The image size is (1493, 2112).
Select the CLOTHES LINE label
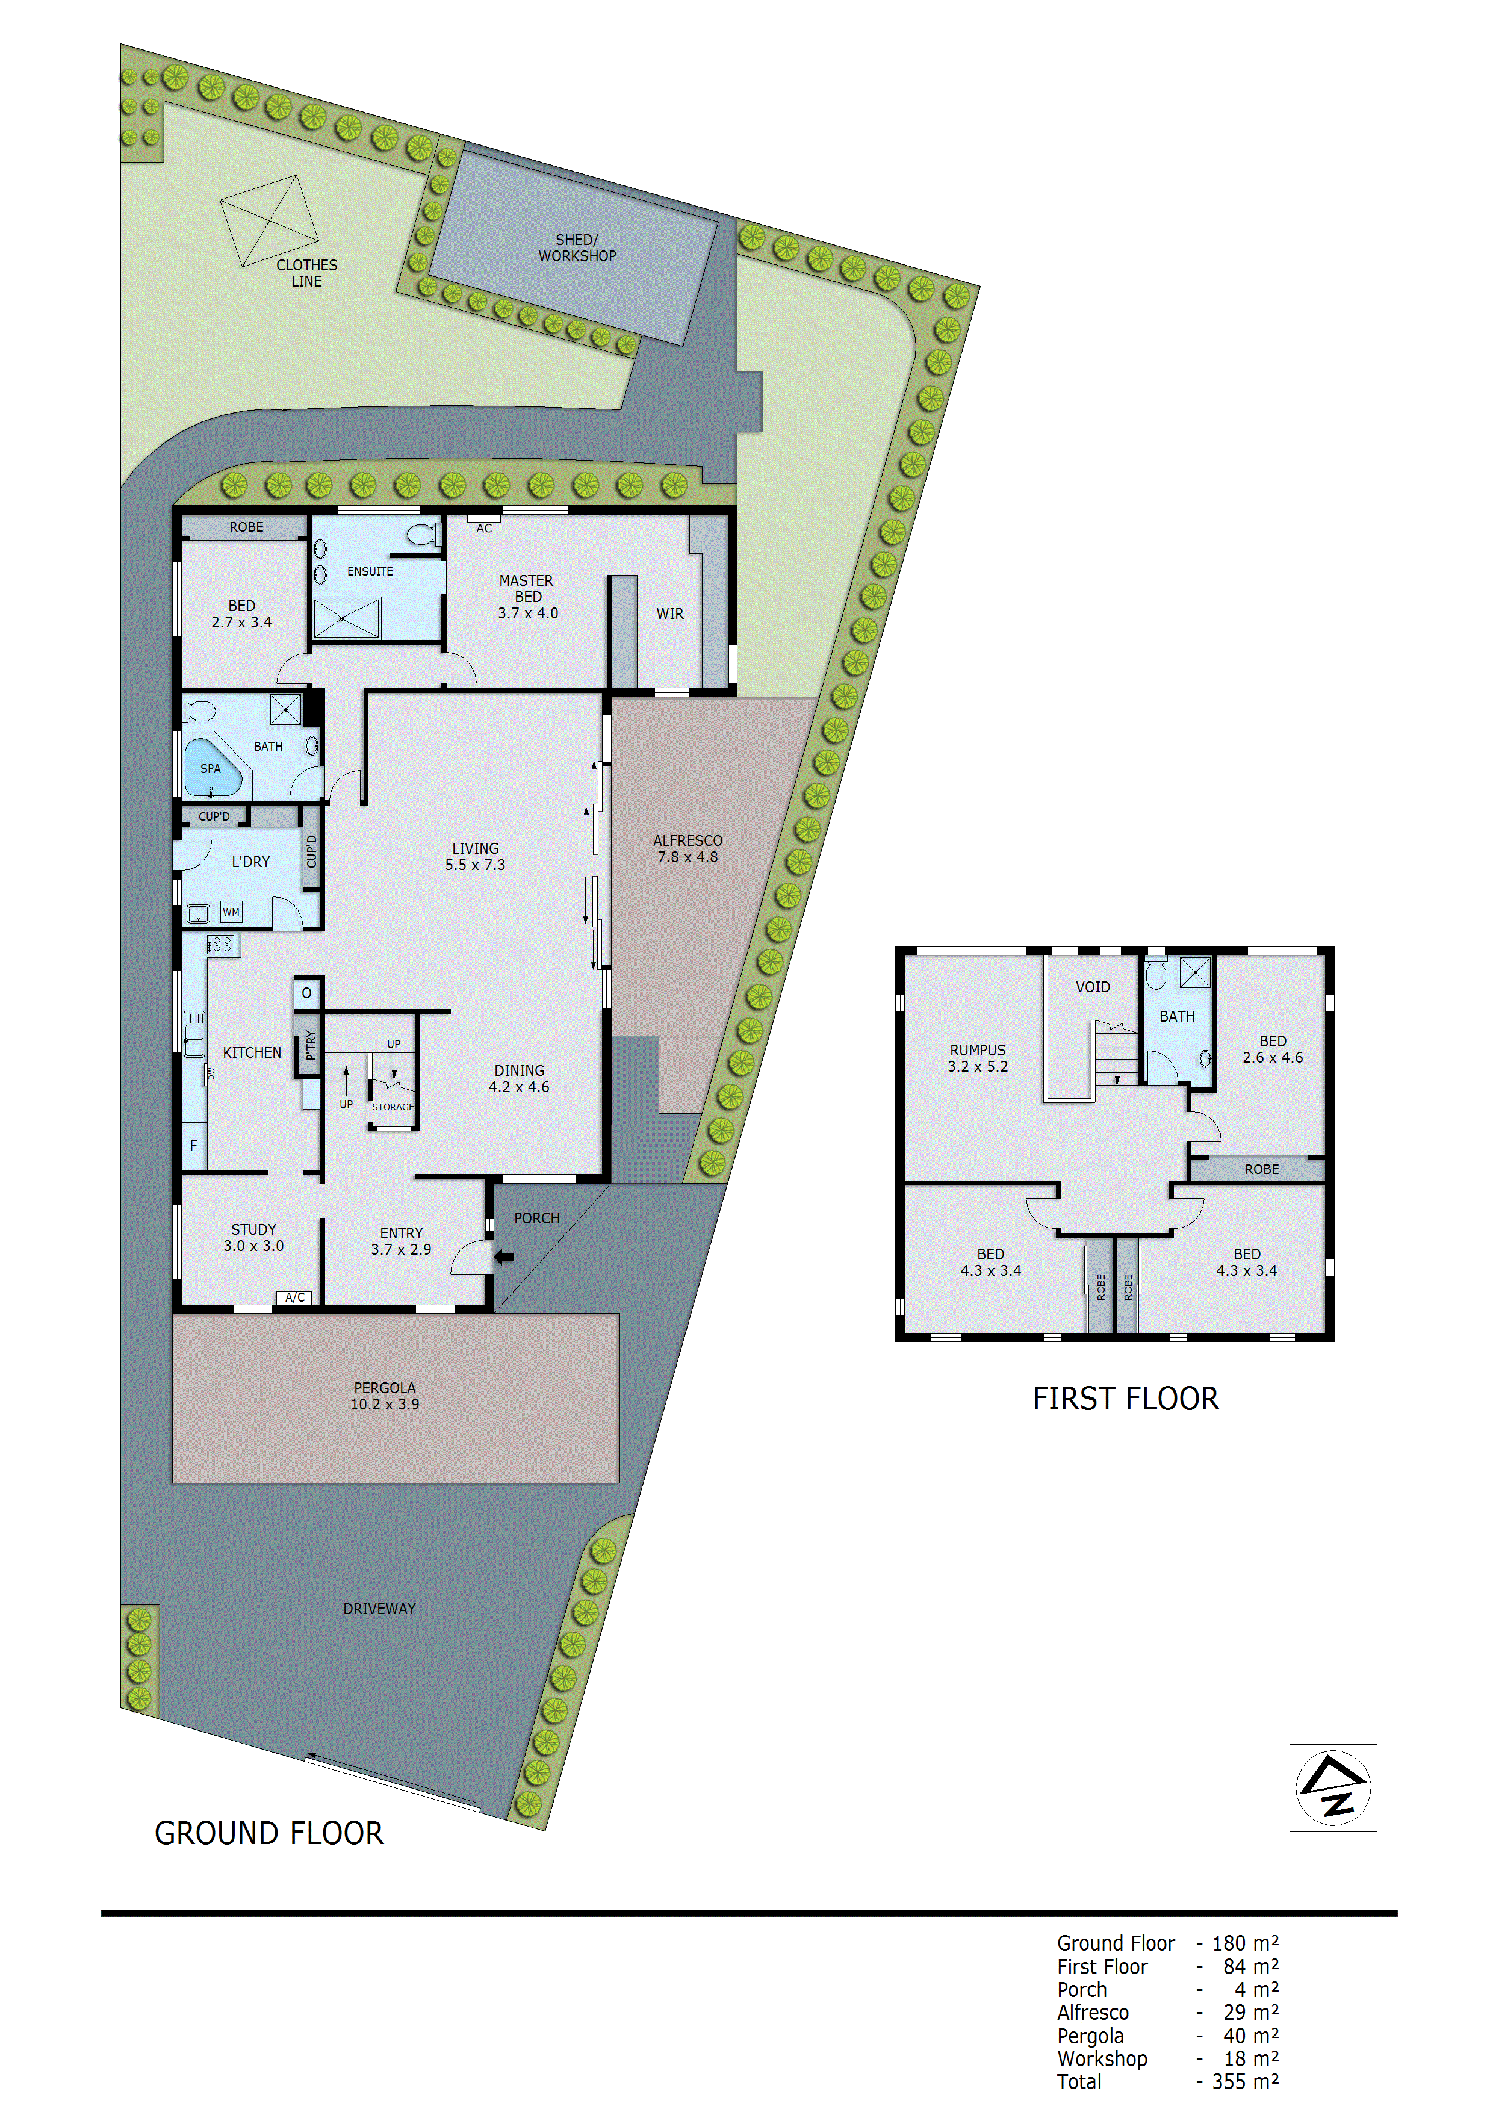(x=306, y=272)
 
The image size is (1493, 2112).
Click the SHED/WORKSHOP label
(x=577, y=247)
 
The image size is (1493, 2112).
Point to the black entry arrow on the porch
(x=504, y=1256)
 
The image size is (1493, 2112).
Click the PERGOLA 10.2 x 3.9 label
(x=385, y=1396)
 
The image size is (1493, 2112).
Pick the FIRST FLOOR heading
(x=1125, y=1398)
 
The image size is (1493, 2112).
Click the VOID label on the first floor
(x=1092, y=987)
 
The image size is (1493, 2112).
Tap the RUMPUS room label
(x=977, y=1058)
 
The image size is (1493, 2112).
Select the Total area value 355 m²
(x=1244, y=2082)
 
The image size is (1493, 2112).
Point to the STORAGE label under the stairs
(x=393, y=1107)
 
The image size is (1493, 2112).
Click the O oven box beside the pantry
(x=307, y=993)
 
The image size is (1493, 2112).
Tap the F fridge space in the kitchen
(x=193, y=1145)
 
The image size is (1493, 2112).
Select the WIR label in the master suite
(x=669, y=613)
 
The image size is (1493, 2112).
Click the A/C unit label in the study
(x=294, y=1297)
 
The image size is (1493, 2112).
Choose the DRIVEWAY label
(x=379, y=1608)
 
